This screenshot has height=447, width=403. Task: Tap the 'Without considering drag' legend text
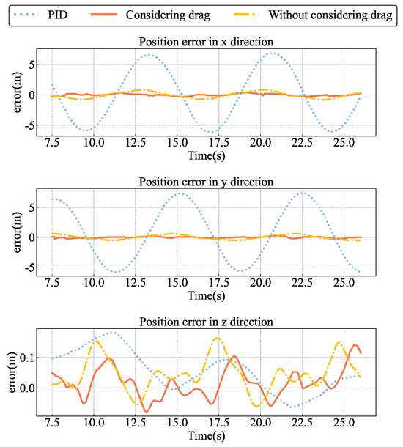(329, 15)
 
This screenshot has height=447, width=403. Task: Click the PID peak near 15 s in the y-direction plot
(178, 193)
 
